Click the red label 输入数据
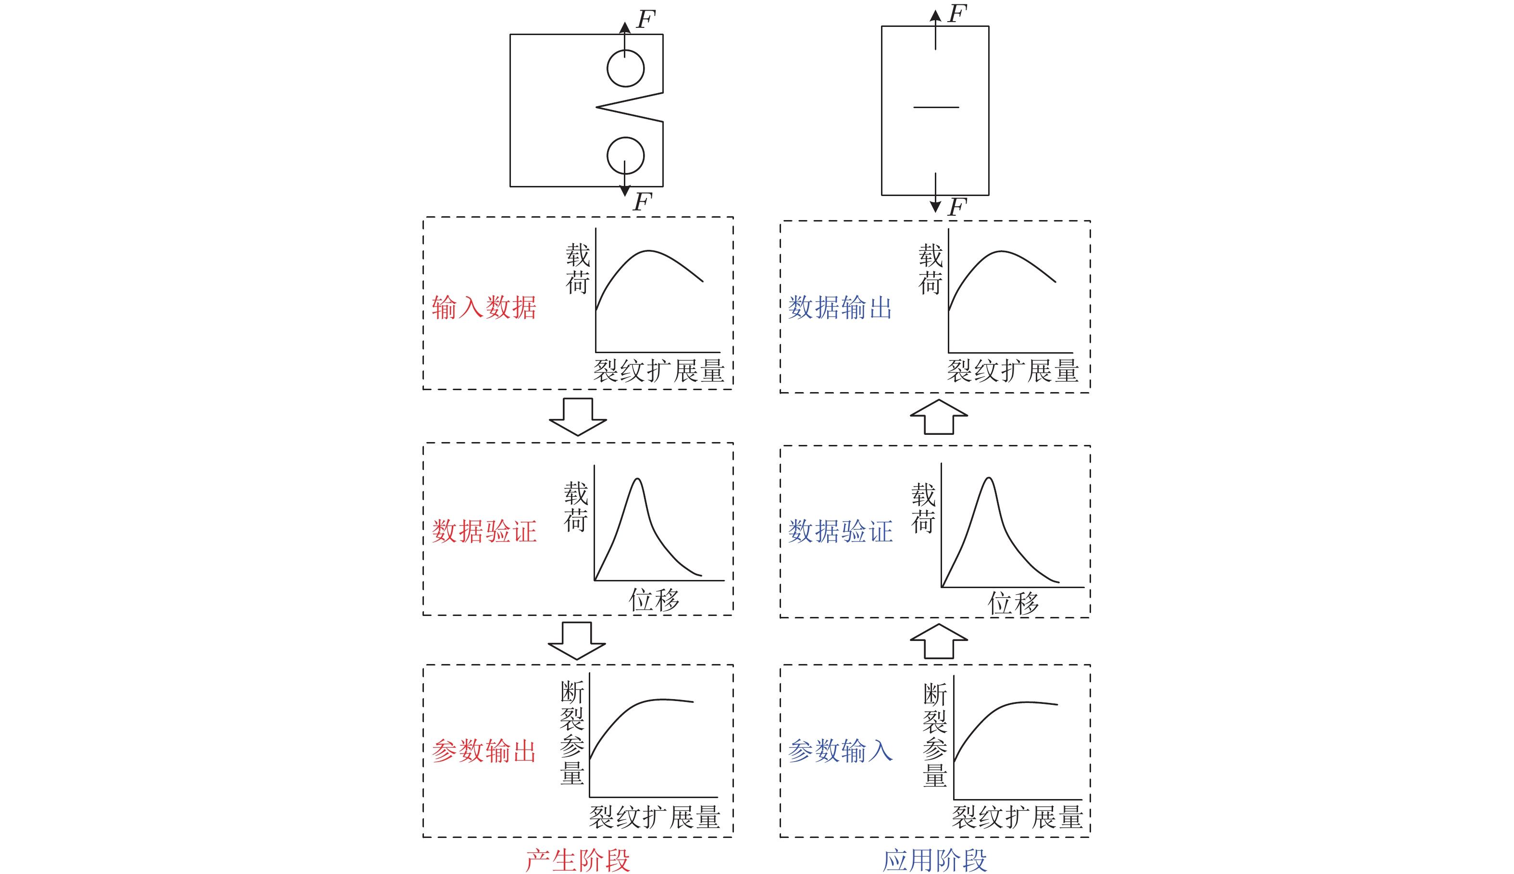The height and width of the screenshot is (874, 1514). (484, 308)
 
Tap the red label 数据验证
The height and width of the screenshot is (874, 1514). (484, 531)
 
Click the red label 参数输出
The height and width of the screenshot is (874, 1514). (484, 751)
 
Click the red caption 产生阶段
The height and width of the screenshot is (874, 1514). (578, 860)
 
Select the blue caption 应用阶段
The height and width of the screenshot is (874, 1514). (935, 860)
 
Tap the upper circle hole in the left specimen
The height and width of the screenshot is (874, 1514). (625, 68)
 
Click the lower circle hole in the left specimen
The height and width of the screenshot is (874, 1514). (625, 156)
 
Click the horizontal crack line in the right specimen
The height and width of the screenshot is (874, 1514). (936, 108)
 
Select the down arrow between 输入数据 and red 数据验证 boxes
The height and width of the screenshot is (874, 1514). (578, 417)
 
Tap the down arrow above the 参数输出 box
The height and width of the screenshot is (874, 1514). (577, 640)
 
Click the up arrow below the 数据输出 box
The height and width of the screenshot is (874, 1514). (939, 417)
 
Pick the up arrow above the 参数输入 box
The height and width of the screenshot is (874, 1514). (939, 641)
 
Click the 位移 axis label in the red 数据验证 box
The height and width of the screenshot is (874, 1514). (654, 600)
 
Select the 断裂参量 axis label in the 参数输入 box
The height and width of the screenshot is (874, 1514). (935, 735)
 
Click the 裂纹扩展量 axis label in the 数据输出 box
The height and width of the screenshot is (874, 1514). (1013, 371)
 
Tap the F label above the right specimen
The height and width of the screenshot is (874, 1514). (957, 13)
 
